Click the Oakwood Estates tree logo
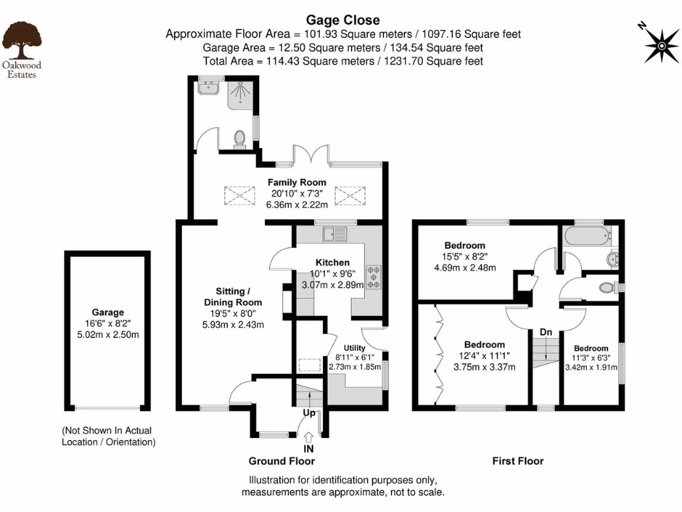[22, 41]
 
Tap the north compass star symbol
[661, 46]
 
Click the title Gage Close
[343, 20]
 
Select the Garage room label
[108, 312]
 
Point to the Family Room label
[296, 183]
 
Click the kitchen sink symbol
[335, 234]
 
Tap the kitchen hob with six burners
[373, 277]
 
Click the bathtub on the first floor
[587, 235]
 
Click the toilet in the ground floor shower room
[239, 139]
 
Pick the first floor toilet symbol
[608, 287]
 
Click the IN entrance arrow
[308, 437]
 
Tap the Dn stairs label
[546, 332]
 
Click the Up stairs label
[309, 412]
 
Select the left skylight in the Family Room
[240, 195]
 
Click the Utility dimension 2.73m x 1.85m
[355, 367]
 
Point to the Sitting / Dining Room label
[233, 297]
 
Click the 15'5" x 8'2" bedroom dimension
[465, 257]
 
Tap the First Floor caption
[518, 461]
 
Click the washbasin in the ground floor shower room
[208, 87]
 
